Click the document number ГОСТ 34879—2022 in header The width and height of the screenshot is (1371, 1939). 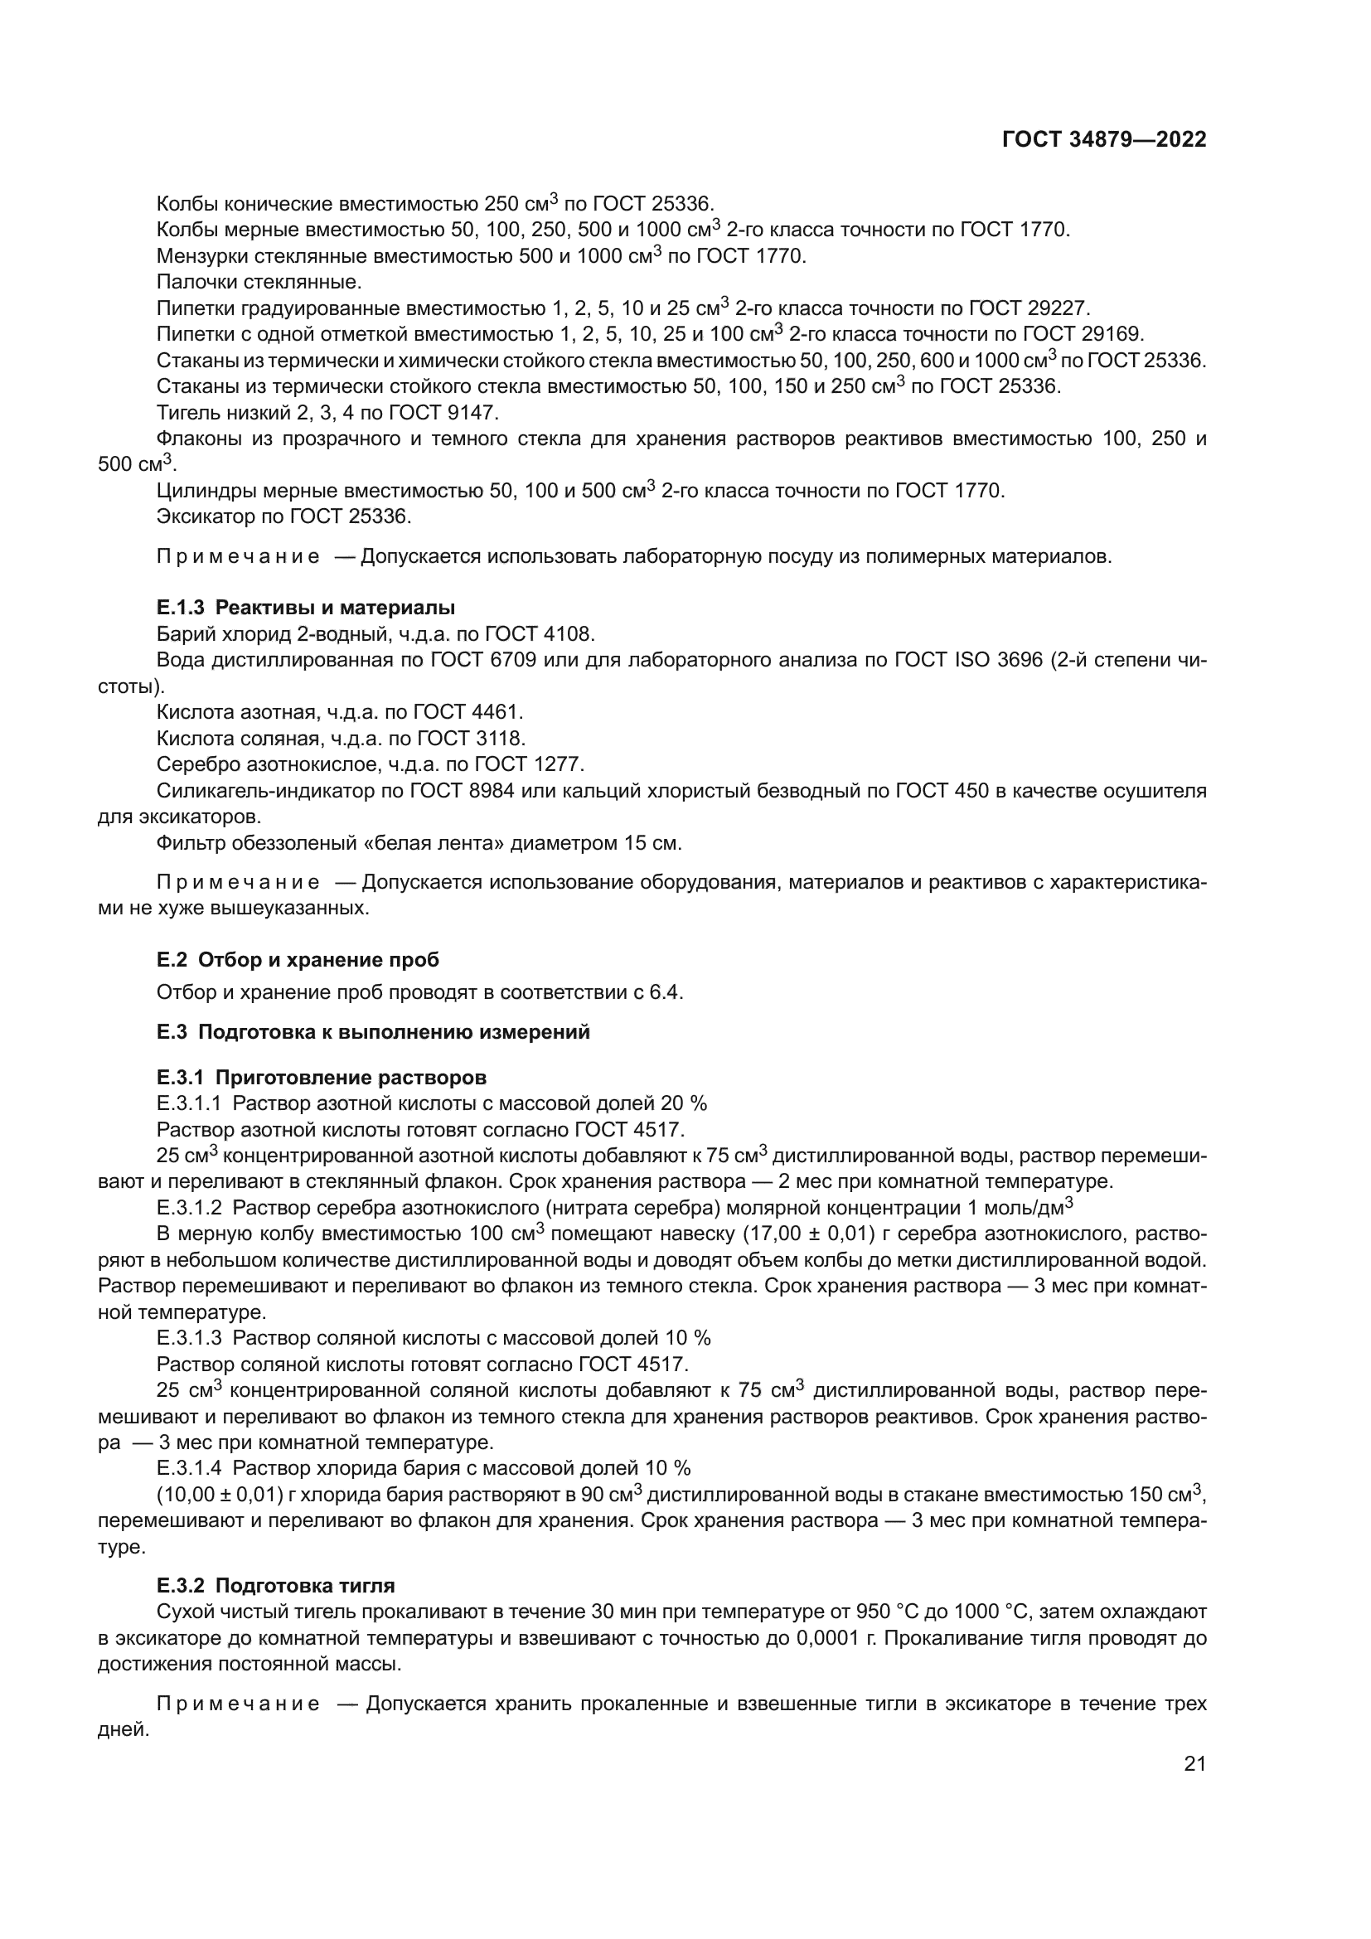1103,140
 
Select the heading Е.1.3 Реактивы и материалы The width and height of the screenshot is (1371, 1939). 306,607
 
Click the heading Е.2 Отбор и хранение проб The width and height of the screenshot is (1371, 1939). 298,959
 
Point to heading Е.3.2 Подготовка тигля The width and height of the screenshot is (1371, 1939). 275,1585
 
